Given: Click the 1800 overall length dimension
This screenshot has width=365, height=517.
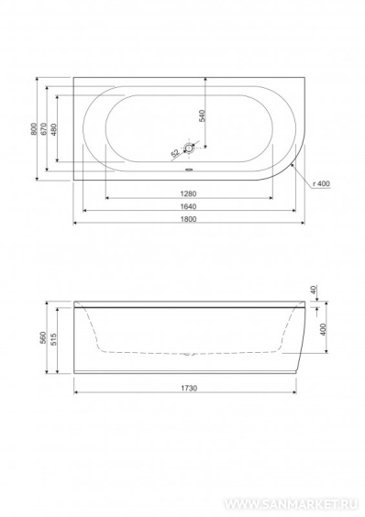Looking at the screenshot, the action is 188,219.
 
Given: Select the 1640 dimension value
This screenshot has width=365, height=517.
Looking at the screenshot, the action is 188,207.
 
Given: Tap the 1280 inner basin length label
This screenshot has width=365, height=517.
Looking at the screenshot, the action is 188,194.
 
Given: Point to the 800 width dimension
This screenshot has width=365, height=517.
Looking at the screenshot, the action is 33,129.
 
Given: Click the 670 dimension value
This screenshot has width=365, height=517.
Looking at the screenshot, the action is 44,129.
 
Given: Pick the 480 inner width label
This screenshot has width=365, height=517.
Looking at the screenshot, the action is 54,129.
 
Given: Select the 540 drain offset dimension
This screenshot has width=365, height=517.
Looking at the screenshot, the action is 202,115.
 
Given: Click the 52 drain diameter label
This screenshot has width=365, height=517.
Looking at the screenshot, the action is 175,153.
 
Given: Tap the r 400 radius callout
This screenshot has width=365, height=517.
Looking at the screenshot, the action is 321,183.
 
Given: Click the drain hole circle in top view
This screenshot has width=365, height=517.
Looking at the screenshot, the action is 189,148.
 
